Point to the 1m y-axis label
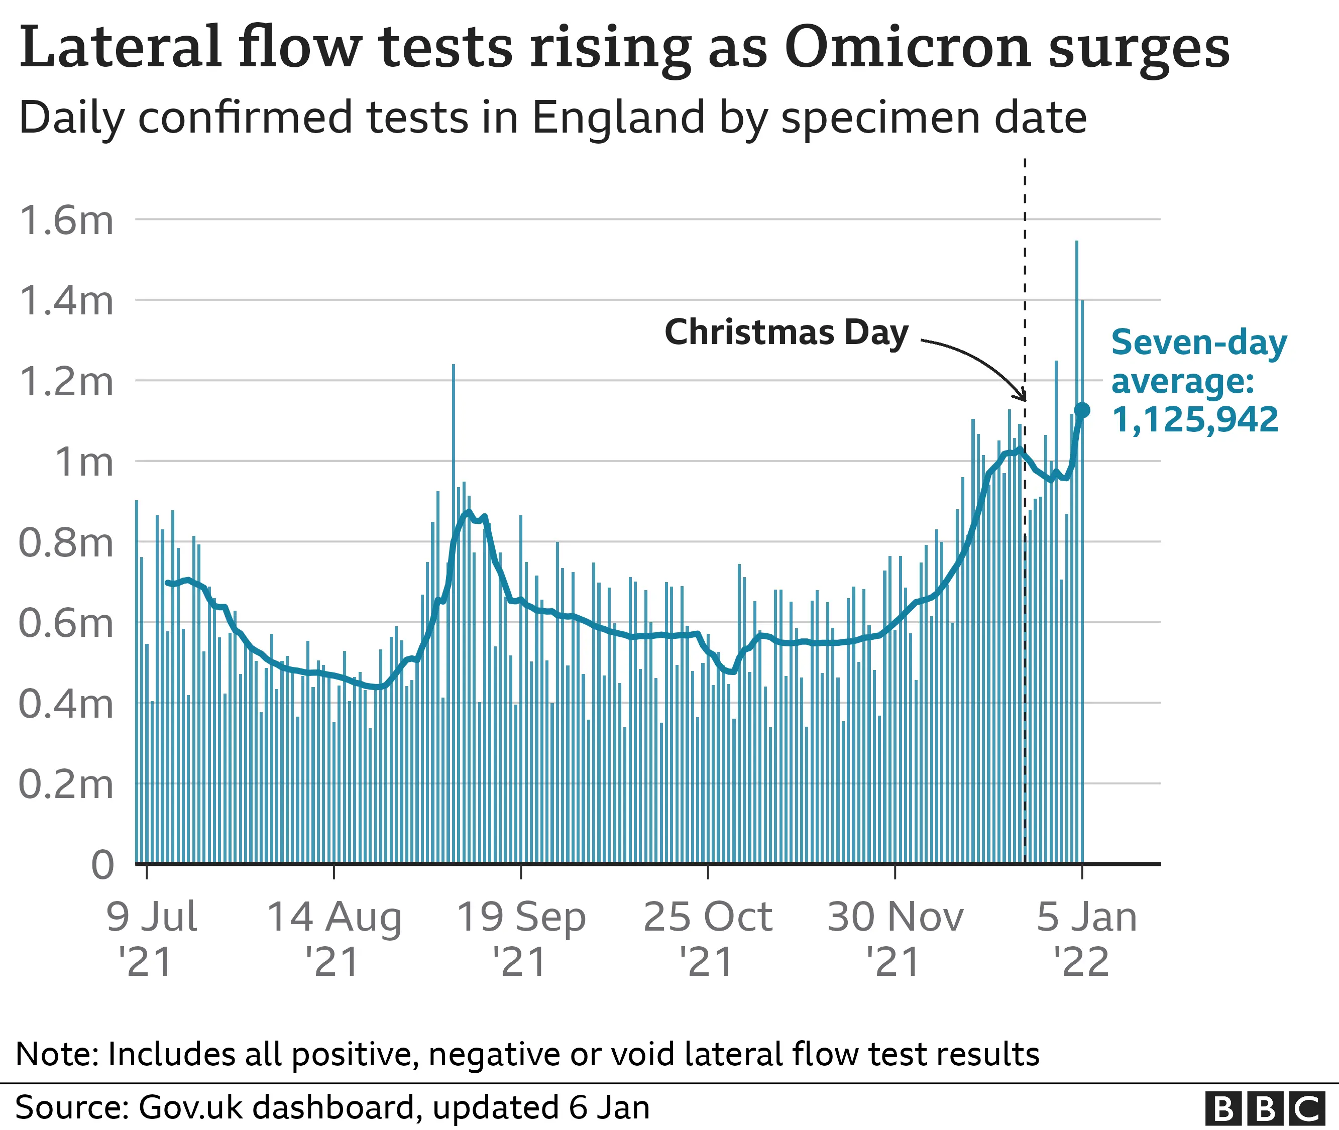[x=83, y=462]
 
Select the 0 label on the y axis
[x=102, y=865]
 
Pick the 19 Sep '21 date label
[x=521, y=939]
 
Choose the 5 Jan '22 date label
[x=1086, y=939]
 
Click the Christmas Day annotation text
[x=786, y=332]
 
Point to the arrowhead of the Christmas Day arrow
[x=1023, y=398]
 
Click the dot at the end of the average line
[x=1082, y=410]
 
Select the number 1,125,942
[x=1195, y=420]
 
